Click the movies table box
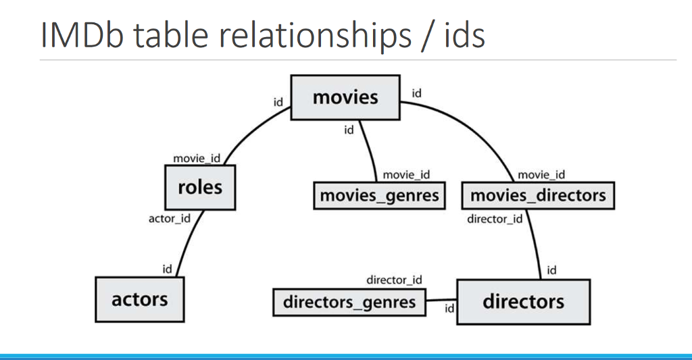(345, 98)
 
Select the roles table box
(200, 188)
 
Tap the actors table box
(139, 299)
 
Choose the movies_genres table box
(379, 196)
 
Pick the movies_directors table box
(538, 196)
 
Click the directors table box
(523, 301)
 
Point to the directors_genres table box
(349, 302)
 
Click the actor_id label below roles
(169, 218)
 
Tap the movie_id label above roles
(197, 158)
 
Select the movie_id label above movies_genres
(406, 175)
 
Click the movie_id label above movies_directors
(541, 175)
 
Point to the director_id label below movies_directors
(495, 219)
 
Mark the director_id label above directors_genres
(394, 280)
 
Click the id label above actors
(167, 269)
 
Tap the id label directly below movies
(349, 130)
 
